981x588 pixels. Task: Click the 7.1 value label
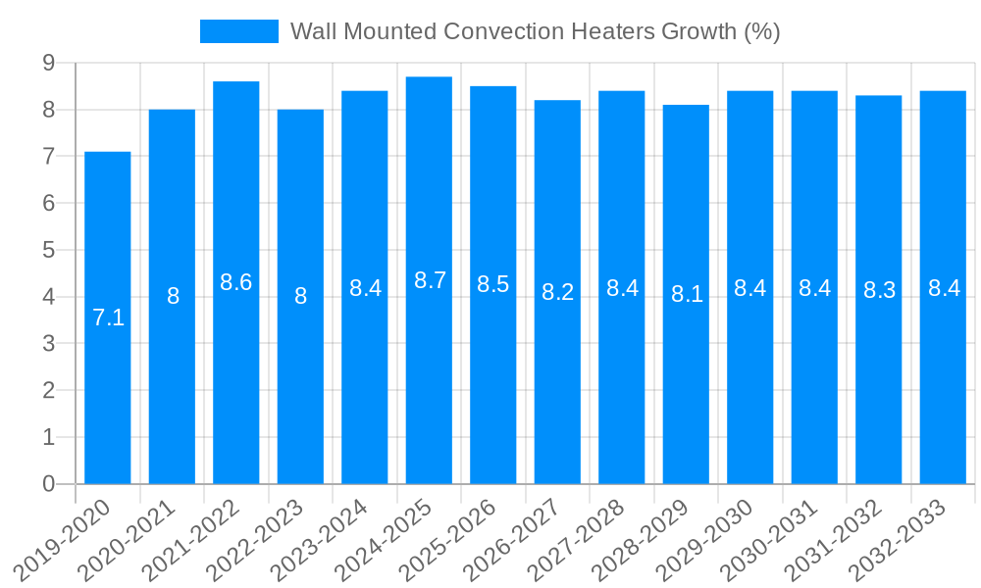pos(108,318)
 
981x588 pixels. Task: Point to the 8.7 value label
pos(430,280)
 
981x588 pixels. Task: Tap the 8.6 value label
pos(236,282)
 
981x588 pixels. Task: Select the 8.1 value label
pos(687,294)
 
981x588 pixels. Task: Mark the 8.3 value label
pos(879,290)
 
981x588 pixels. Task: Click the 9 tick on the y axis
pos(48,63)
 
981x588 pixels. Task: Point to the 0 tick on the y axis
pos(48,484)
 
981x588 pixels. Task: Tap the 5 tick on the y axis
pos(48,250)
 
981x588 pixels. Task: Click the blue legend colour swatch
pos(238,31)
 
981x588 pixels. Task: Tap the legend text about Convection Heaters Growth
pos(535,31)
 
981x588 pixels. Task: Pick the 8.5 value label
pos(492,284)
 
